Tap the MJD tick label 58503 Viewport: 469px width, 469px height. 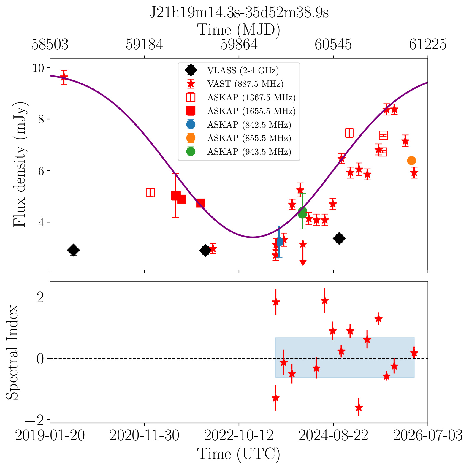coord(50,45)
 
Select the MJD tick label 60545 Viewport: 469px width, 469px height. coord(333,45)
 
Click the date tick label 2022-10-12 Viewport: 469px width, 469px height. coord(239,436)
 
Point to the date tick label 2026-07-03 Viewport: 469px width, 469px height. coord(428,436)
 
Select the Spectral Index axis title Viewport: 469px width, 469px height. coord(12,352)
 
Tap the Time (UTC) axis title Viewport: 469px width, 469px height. coord(239,454)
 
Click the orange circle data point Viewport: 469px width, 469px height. coord(411,161)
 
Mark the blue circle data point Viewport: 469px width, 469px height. coord(279,242)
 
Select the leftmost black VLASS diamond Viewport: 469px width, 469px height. coord(73,250)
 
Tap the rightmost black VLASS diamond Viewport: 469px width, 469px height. coord(339,238)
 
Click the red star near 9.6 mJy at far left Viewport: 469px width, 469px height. coord(64,77)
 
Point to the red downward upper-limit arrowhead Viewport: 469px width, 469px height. coord(303,262)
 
